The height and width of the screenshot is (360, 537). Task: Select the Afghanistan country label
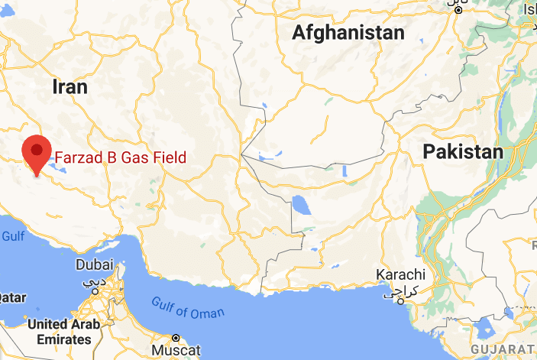(348, 33)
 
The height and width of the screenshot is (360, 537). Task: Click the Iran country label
(70, 86)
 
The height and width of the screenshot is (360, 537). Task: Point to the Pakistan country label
(464, 151)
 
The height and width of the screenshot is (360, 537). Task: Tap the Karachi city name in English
(400, 275)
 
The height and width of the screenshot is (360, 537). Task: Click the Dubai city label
(95, 265)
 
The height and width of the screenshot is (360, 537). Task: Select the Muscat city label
(176, 350)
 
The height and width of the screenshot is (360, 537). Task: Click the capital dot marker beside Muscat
(175, 337)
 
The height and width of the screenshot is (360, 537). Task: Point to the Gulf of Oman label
(187, 306)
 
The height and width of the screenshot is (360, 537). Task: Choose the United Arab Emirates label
(63, 331)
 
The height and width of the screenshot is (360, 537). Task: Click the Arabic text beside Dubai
(95, 281)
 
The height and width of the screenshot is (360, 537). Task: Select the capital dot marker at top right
(458, 10)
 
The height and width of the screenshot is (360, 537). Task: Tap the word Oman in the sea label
(210, 312)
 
